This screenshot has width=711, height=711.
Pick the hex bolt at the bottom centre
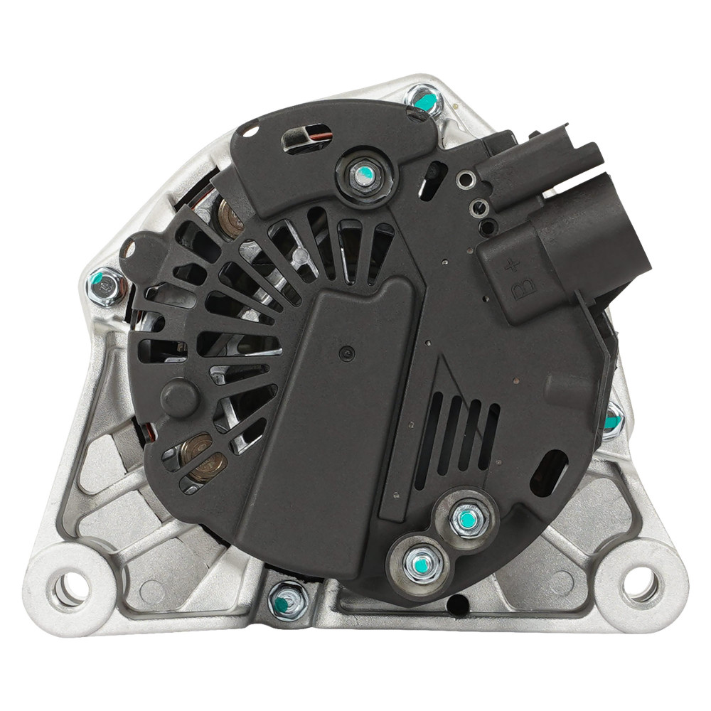pyautogui.click(x=287, y=602)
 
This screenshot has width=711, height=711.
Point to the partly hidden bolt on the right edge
pyautogui.click(x=613, y=421)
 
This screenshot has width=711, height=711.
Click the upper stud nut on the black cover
pyautogui.click(x=363, y=176)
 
